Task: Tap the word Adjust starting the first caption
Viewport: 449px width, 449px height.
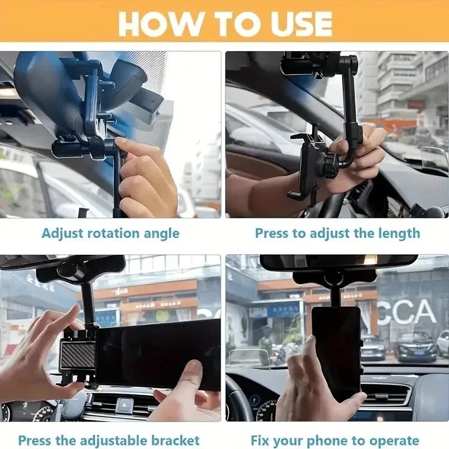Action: tap(62, 233)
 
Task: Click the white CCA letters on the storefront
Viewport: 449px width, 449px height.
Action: tap(407, 313)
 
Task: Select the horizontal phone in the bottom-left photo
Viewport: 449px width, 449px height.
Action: tap(160, 354)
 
